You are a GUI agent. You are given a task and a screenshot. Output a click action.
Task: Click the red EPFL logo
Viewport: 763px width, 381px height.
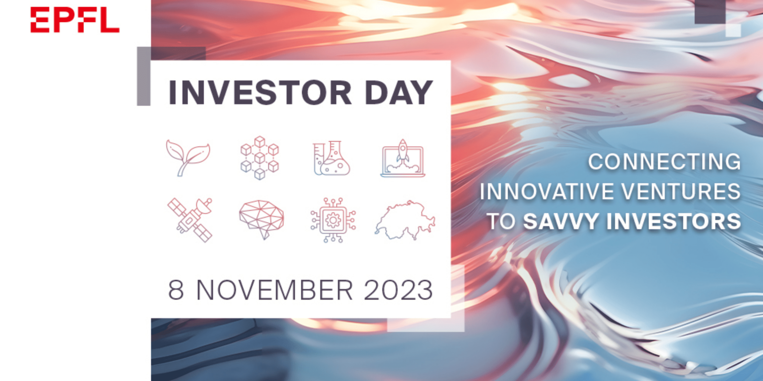pyautogui.click(x=75, y=20)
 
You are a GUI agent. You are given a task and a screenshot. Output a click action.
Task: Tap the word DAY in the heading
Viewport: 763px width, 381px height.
pyautogui.click(x=399, y=93)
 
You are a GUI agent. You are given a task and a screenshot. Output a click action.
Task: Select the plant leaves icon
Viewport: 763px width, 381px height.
pyautogui.click(x=188, y=158)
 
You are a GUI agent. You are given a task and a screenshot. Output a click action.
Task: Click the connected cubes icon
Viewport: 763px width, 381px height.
pyautogui.click(x=260, y=158)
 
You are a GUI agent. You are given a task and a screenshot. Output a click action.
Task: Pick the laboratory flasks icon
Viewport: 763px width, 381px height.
pyautogui.click(x=331, y=158)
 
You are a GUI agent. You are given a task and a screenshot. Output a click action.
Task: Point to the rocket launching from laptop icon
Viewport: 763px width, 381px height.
pyautogui.click(x=403, y=158)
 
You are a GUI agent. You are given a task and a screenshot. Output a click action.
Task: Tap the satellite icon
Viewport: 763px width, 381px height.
pyautogui.click(x=190, y=220)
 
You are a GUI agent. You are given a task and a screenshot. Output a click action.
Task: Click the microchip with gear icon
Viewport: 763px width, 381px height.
pyautogui.click(x=333, y=220)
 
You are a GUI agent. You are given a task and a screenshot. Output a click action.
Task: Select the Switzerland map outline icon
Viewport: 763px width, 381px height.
pyautogui.click(x=405, y=220)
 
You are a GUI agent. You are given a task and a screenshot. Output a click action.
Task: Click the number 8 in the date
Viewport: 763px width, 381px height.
pyautogui.click(x=176, y=290)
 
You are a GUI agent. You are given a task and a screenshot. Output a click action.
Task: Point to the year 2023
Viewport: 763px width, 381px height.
pyautogui.click(x=398, y=290)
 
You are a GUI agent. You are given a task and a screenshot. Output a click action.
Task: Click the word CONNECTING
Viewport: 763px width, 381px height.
pyautogui.click(x=664, y=162)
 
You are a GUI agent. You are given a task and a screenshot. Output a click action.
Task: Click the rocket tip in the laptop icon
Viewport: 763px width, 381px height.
pyautogui.click(x=403, y=139)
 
